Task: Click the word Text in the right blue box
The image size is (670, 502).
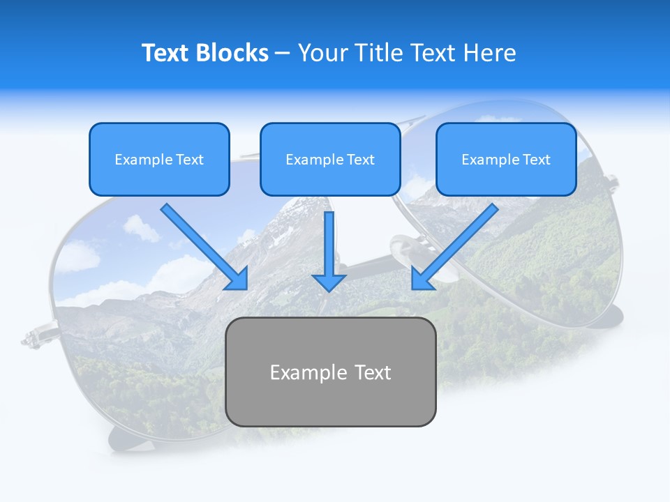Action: [x=537, y=160]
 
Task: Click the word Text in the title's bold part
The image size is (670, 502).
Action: [x=165, y=53]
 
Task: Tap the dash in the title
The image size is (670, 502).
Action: [x=283, y=54]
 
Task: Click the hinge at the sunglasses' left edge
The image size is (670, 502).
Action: [x=33, y=338]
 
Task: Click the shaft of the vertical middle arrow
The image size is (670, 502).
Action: [x=329, y=241]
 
